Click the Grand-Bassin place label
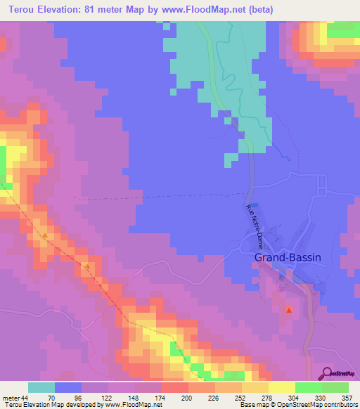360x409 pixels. [x=287, y=258]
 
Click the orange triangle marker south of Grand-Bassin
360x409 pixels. [x=289, y=310]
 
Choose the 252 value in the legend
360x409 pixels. [x=242, y=397]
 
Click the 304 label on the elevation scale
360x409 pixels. [x=295, y=397]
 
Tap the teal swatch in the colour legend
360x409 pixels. [x=41, y=387]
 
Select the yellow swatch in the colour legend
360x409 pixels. [x=282, y=387]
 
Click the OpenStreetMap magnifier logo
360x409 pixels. [x=326, y=373]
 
